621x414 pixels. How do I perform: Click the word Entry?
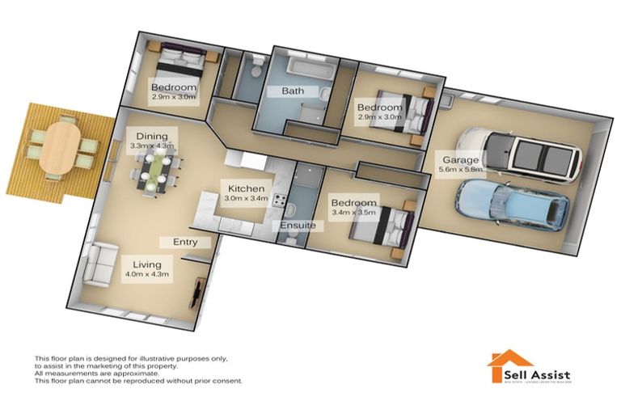point(186,242)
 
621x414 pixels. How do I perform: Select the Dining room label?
point(152,136)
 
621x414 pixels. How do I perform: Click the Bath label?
point(292,91)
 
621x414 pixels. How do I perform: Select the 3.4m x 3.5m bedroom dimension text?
point(353,213)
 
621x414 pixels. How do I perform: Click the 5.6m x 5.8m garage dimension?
point(461,170)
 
